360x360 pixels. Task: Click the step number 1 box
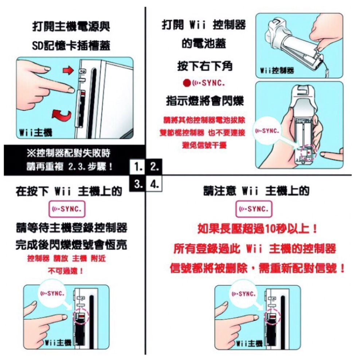[137, 167]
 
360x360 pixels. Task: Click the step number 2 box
[154, 167]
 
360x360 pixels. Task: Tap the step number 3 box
[137, 184]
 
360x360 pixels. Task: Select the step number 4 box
[154, 184]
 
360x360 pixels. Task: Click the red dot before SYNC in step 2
[187, 83]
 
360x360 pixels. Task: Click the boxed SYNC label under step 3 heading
[67, 209]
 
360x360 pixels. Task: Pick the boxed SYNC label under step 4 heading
[254, 209]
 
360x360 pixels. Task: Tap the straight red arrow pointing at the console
[68, 70]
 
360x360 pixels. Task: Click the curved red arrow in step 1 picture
[61, 114]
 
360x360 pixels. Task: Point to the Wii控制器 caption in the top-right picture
[277, 70]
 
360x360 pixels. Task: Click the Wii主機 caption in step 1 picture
[36, 133]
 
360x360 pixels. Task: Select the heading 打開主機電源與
[71, 26]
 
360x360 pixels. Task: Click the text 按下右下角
[204, 66]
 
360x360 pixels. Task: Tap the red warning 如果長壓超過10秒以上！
[258, 229]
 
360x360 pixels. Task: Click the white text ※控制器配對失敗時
[69, 153]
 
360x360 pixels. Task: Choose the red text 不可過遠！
[66, 271]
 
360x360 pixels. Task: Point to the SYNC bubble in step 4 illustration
[244, 294]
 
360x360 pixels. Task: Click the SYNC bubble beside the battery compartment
[267, 131]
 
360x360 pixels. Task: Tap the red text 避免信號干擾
[204, 145]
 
